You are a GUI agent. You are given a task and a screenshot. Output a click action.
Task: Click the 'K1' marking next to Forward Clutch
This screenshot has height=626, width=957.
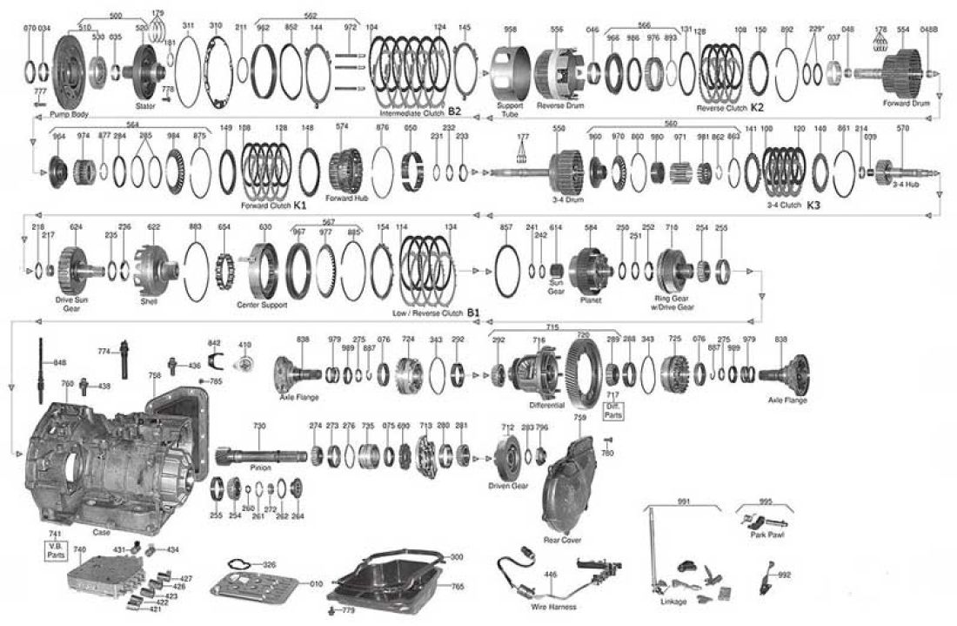299,205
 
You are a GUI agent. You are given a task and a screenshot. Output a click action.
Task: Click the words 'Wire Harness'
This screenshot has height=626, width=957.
552,606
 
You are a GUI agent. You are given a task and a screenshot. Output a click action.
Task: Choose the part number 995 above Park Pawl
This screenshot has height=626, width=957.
764,501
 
